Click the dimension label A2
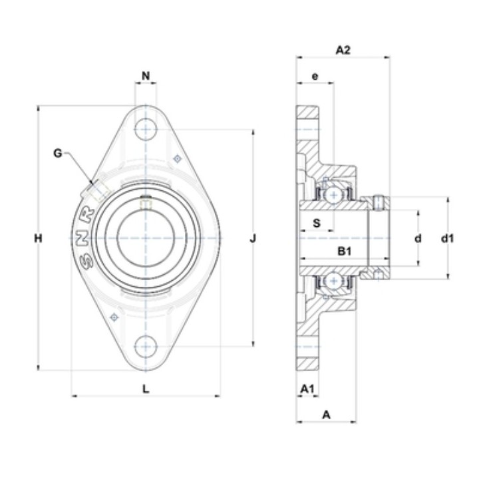pos(343,50)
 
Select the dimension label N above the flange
pos(146,75)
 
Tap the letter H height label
pos(38,238)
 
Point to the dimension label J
pos(253,238)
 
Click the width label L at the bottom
pos(146,389)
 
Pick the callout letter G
pos(57,153)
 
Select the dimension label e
pos(315,76)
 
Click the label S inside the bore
pos(317,224)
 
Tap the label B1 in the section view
pos(345,251)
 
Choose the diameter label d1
pos(447,238)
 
